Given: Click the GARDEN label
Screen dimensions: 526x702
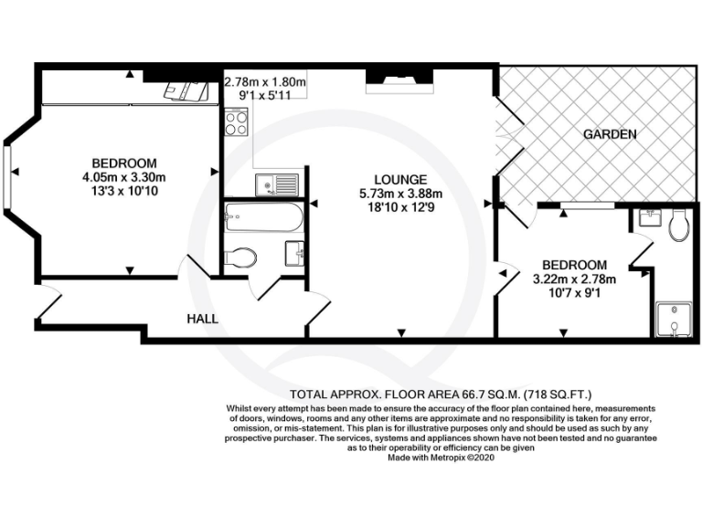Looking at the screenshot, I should click(x=610, y=134).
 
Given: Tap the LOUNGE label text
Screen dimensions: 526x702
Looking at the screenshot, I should click(x=399, y=179).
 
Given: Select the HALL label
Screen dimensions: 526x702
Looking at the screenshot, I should click(x=203, y=319).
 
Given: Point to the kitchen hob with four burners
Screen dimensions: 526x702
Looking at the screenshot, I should click(x=236, y=122).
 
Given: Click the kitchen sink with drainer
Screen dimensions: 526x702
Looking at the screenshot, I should click(x=278, y=184).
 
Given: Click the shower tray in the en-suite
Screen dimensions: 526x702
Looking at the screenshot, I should click(x=675, y=320).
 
